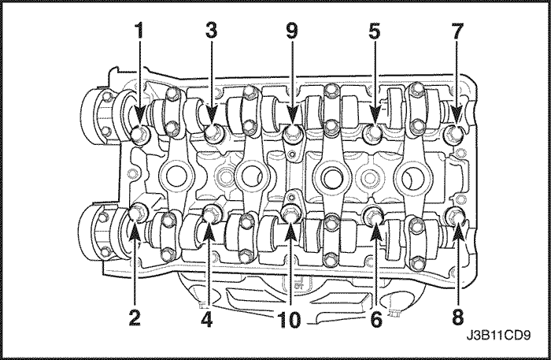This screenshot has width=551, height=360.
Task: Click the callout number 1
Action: tap(140, 31)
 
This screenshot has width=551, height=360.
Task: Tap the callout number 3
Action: tap(212, 31)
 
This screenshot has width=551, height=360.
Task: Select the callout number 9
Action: tap(292, 31)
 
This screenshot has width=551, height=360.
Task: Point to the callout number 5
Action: tap(375, 31)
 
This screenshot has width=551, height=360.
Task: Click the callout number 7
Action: tap(457, 31)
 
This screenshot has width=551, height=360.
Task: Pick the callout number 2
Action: tap(135, 318)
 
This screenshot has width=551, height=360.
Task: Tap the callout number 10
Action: tap(290, 320)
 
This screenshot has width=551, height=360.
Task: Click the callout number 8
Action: tap(457, 318)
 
